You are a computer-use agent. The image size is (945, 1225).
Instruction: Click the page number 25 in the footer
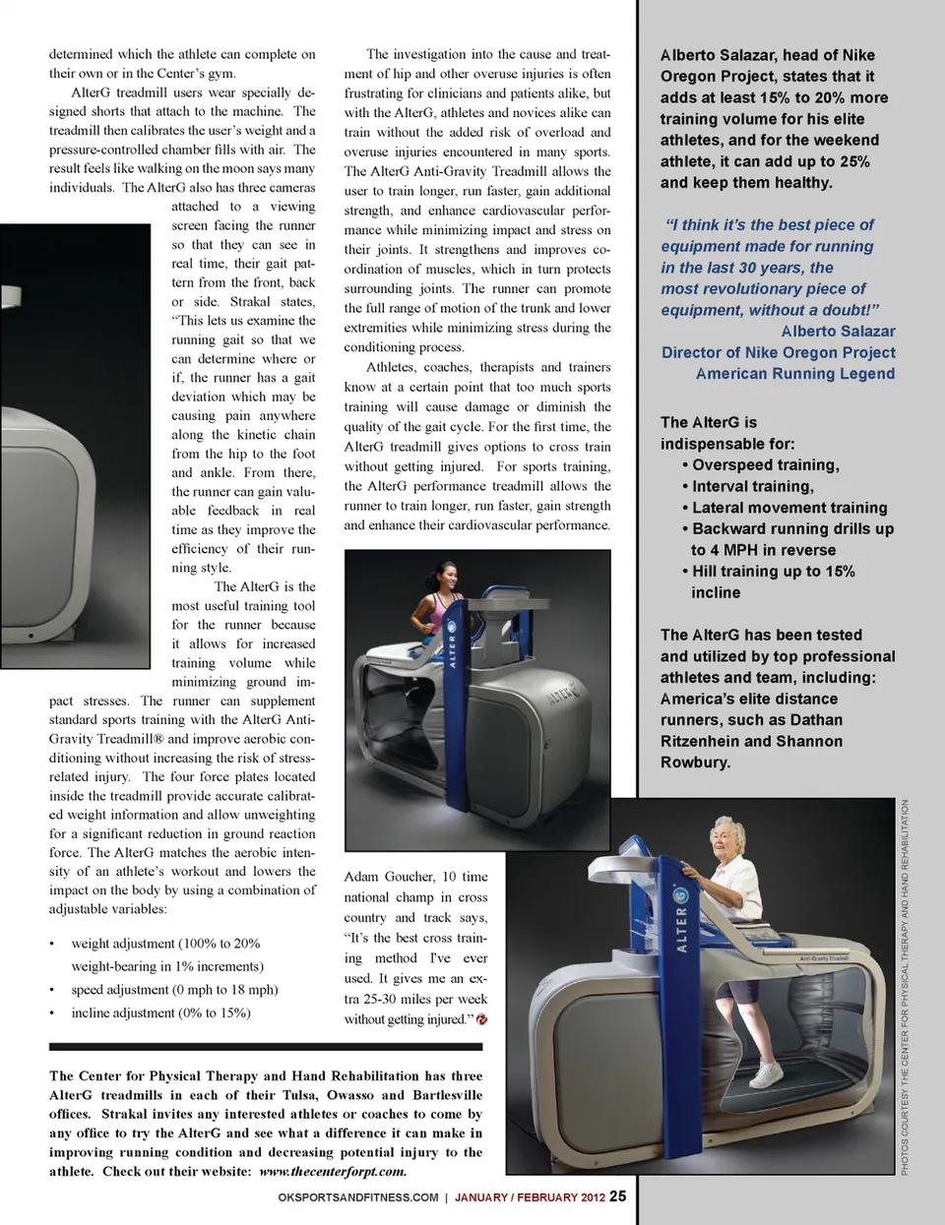click(x=617, y=1195)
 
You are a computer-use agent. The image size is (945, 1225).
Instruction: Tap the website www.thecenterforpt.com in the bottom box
click(x=333, y=1172)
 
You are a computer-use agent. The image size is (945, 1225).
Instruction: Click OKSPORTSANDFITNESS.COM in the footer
click(x=358, y=1197)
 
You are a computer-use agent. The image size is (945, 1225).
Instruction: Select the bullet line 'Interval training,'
click(x=752, y=486)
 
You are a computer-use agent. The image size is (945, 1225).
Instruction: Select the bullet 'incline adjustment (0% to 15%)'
click(x=160, y=1012)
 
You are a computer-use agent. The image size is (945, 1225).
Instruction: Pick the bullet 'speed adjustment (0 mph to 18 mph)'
click(x=174, y=990)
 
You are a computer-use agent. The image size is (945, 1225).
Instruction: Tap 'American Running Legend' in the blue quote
click(x=795, y=374)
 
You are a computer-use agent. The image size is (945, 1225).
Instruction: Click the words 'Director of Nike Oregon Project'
click(x=779, y=352)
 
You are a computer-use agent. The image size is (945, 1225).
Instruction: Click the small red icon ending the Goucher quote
click(x=482, y=1019)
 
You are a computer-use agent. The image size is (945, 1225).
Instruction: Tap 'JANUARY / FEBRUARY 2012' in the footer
click(x=530, y=1197)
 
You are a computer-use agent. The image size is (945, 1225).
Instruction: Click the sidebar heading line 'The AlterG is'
click(x=709, y=422)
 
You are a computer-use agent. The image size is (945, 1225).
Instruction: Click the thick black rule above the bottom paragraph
click(x=266, y=1047)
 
